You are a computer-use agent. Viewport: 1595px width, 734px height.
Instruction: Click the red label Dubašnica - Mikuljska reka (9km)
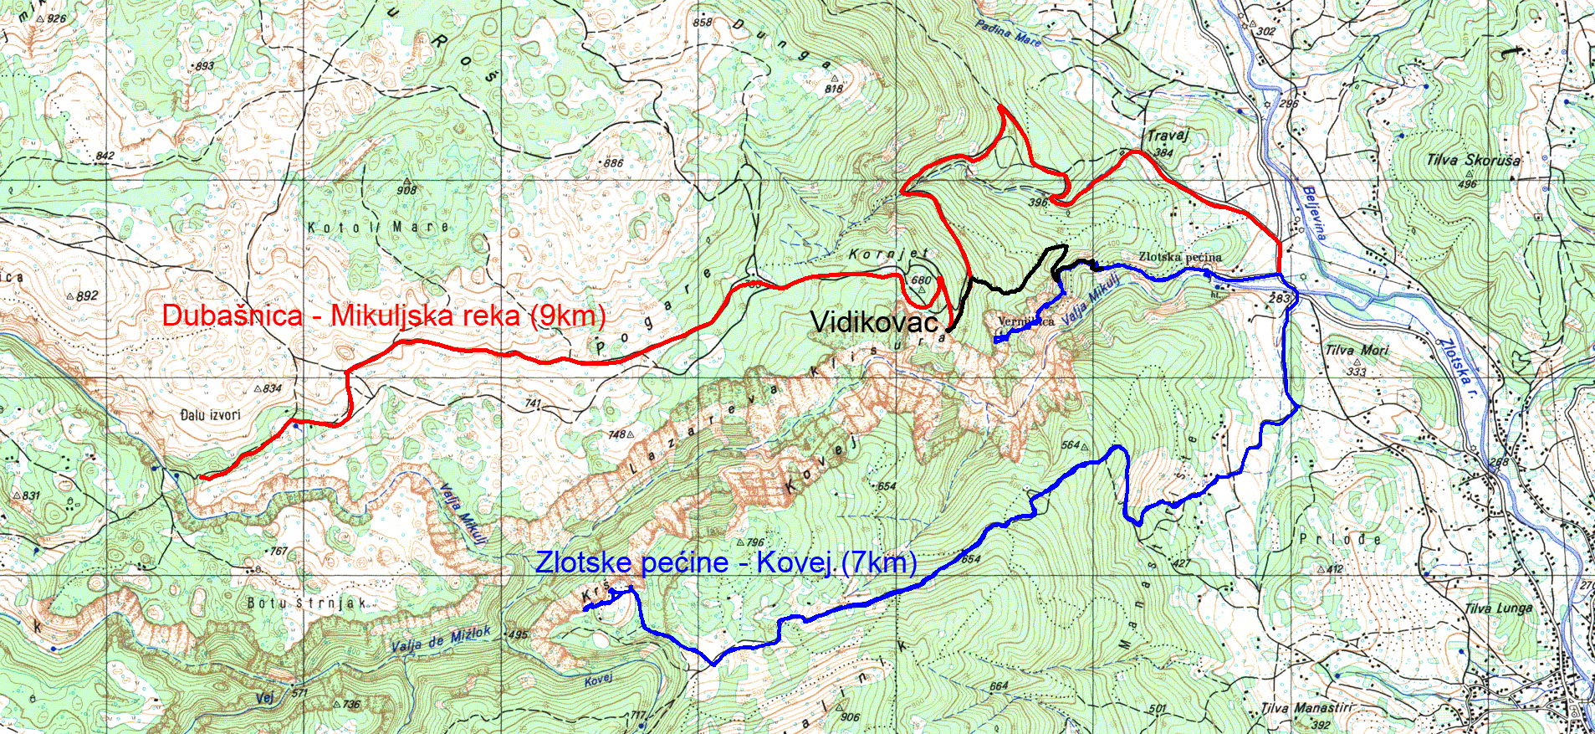(x=383, y=316)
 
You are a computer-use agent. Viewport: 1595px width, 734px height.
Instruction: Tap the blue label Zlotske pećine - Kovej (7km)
(x=726, y=562)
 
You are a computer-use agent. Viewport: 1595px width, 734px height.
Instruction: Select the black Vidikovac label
(x=874, y=321)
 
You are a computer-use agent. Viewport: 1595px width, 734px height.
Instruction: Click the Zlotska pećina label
(x=1179, y=257)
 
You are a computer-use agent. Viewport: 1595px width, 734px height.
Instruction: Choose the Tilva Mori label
(x=1357, y=351)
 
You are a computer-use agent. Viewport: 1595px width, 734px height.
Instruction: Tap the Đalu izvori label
(x=210, y=414)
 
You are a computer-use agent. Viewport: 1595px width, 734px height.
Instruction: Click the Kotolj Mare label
(x=378, y=227)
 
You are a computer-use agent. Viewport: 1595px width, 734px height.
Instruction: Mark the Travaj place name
(x=1167, y=135)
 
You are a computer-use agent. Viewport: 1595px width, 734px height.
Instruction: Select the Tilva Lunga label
(x=1498, y=608)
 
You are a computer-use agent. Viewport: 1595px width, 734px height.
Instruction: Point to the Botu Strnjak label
(x=307, y=603)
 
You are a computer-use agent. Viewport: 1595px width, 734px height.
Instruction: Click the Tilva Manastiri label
(x=1306, y=708)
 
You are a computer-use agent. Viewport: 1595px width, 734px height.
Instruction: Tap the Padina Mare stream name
(x=1008, y=33)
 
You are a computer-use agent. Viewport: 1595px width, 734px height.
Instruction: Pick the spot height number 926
(x=56, y=18)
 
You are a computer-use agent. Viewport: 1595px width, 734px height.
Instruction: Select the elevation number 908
(x=407, y=190)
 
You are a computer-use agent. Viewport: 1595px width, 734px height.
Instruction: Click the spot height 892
(x=87, y=295)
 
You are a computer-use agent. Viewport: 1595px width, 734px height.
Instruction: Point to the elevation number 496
(x=1467, y=184)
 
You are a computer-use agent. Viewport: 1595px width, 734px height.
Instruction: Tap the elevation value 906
(x=850, y=716)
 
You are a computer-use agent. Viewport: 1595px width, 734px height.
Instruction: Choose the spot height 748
(x=617, y=434)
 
